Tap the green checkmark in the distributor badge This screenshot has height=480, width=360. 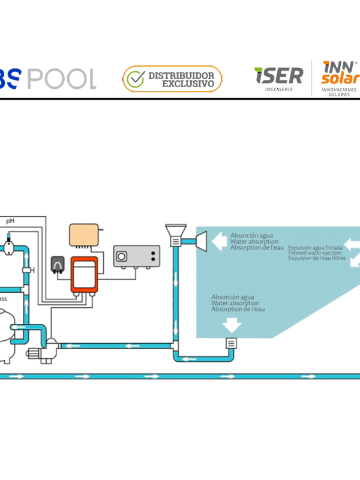(136, 79)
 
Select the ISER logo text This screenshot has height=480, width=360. (278, 76)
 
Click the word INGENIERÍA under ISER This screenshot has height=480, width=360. (279, 89)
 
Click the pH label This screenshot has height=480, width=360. (10, 221)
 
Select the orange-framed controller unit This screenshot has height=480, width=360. (84, 274)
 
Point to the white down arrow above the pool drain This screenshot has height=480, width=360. (232, 325)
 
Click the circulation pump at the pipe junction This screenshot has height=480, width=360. (50, 347)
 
